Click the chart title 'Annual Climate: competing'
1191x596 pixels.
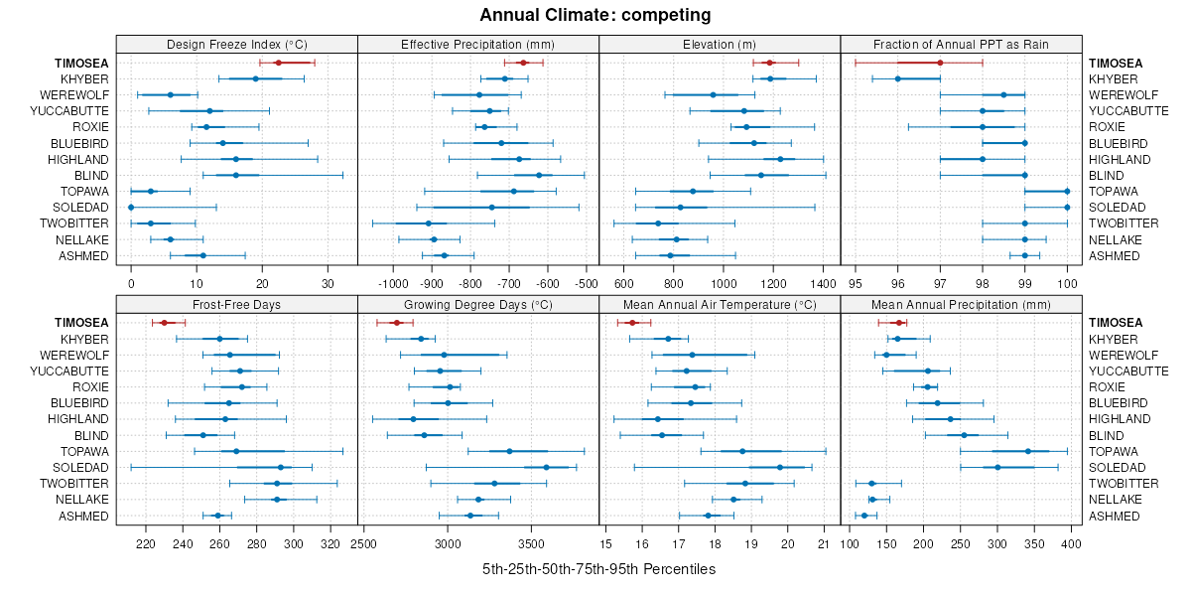(595, 15)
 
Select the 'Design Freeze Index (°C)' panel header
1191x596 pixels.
(236, 44)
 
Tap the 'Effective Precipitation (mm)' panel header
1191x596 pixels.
(477, 44)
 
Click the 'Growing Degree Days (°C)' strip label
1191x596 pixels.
(477, 304)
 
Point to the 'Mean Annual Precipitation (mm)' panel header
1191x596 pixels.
(961, 304)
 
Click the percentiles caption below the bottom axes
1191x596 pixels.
(598, 569)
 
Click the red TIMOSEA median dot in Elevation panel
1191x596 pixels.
(769, 63)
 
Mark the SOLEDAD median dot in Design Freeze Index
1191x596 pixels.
(131, 207)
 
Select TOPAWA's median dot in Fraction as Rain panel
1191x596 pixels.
(1067, 191)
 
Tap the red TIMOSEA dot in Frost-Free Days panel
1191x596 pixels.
(164, 323)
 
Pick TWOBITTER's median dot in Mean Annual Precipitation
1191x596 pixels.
(871, 484)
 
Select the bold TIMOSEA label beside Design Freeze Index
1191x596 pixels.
(82, 63)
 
